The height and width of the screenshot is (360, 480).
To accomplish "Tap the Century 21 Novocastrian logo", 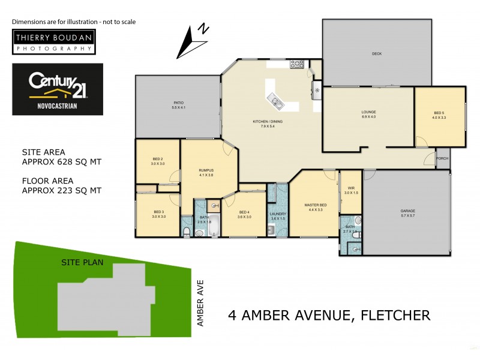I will pyautogui.click(x=58, y=89).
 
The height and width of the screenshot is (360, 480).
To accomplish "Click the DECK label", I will pyautogui.click(x=376, y=54).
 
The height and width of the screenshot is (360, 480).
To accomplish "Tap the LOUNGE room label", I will pyautogui.click(x=368, y=114).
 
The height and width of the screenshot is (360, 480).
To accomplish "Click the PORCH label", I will pyautogui.click(x=442, y=158).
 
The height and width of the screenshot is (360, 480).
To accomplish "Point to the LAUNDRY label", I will pyautogui.click(x=277, y=215).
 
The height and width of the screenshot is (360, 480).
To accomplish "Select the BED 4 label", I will pyautogui.click(x=244, y=214).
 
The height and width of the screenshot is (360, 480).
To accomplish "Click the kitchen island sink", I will pyautogui.click(x=277, y=101).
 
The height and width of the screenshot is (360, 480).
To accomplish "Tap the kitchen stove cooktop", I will pyautogui.click(x=297, y=64).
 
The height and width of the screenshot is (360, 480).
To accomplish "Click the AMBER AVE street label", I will pyautogui.click(x=201, y=304).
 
